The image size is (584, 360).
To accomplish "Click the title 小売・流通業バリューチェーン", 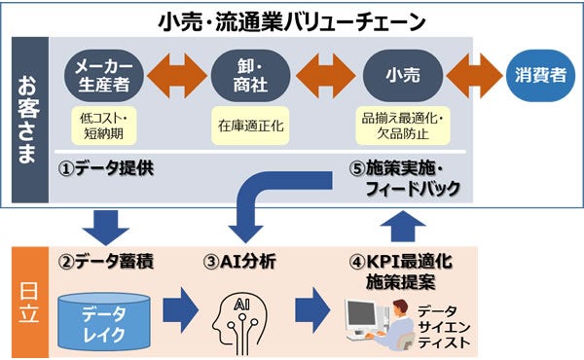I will point(291,19).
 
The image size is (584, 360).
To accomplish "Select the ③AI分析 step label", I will point(239,261).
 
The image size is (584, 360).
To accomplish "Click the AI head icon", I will point(238,315).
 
